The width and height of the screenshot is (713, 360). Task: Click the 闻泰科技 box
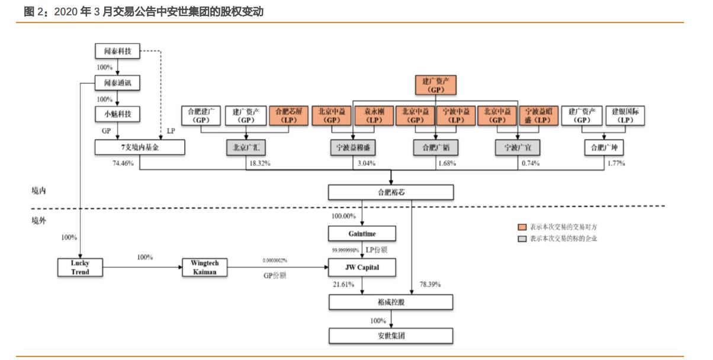(118, 52)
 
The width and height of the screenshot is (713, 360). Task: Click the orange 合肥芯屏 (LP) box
(288, 115)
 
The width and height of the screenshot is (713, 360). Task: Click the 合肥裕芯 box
(391, 192)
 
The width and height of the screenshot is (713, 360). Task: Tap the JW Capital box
(361, 268)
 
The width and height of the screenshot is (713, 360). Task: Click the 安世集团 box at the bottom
(391, 336)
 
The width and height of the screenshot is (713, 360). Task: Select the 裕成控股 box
(391, 303)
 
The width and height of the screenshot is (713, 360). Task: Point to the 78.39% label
(430, 285)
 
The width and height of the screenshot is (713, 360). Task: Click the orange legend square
(522, 227)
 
